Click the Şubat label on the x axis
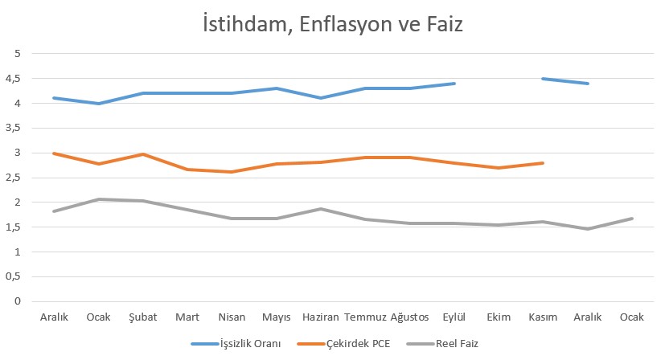(x=142, y=317)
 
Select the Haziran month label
(x=320, y=317)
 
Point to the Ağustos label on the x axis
(x=409, y=317)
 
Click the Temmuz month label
(x=364, y=317)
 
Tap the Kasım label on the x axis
(x=543, y=317)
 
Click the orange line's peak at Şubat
(x=142, y=153)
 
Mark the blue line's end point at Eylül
(x=454, y=84)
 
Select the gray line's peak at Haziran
(x=320, y=209)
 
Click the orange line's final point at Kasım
(x=543, y=163)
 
